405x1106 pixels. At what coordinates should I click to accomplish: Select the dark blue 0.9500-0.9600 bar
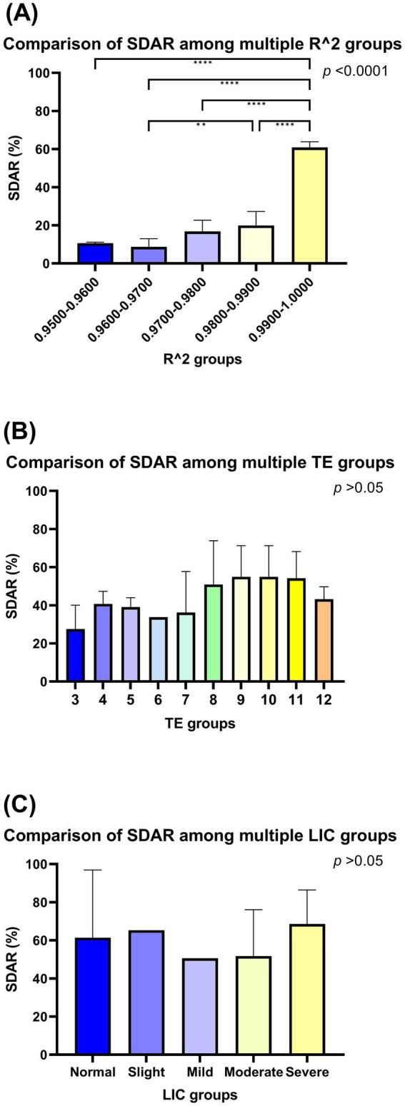coord(95,253)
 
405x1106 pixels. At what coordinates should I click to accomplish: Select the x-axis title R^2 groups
coord(202,359)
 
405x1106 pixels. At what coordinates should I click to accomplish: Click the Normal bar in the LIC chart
coord(93,996)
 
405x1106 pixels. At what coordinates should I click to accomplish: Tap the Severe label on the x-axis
coord(307,1072)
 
